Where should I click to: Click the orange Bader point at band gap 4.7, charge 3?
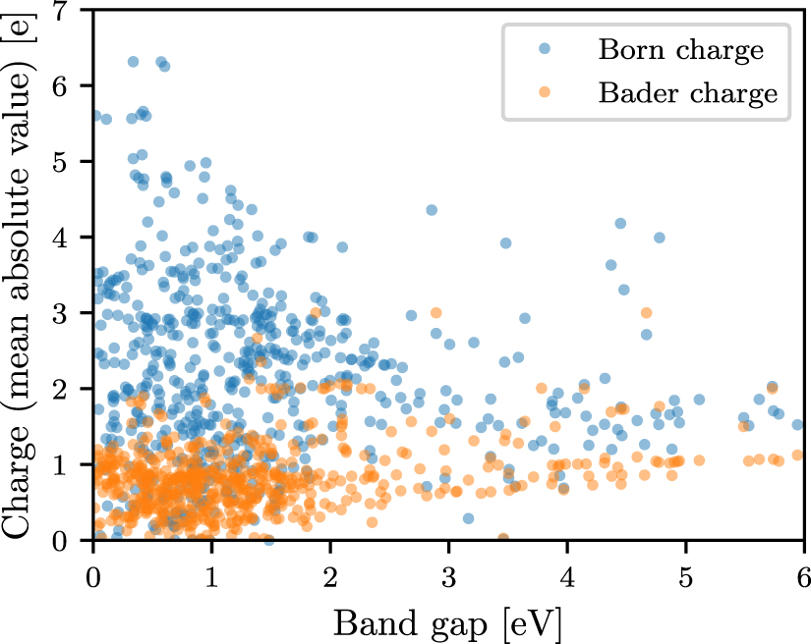pos(646,313)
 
